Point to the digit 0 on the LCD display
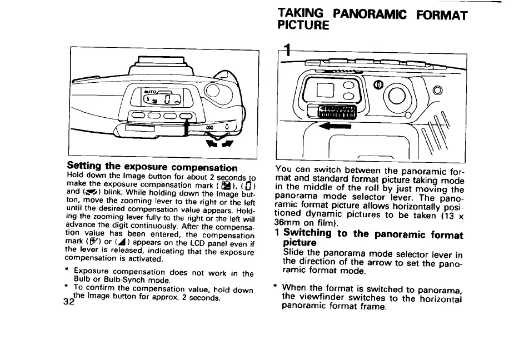166,100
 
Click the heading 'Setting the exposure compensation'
152,167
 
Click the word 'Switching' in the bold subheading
309,234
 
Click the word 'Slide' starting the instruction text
294,253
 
